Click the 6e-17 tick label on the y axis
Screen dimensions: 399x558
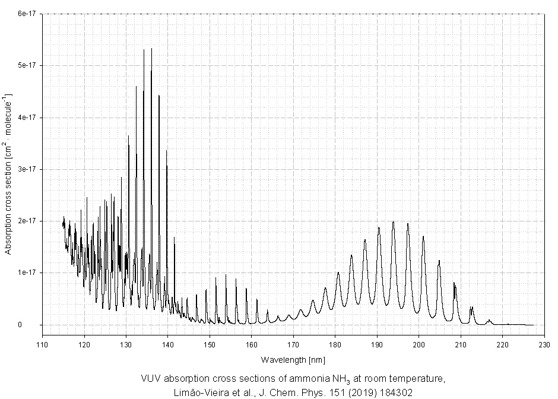(26, 14)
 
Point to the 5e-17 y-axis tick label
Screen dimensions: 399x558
(26, 65)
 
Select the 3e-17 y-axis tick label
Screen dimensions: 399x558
(26, 169)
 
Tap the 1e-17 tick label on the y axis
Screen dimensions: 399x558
(26, 273)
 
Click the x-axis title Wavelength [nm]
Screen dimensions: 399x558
(293, 360)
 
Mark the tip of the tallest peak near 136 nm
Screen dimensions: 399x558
(151, 49)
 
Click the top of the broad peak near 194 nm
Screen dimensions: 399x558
(393, 222)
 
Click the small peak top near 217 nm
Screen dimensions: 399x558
(490, 321)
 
